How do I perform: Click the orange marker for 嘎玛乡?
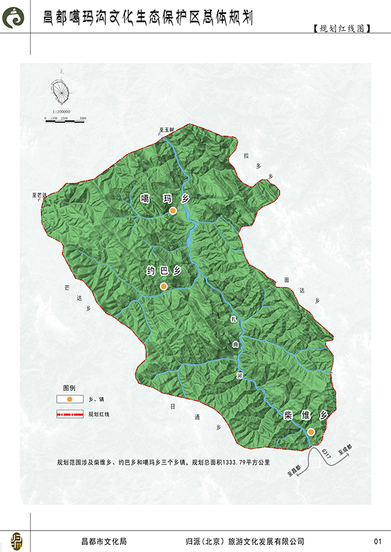point(173,212)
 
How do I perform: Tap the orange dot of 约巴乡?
point(164,286)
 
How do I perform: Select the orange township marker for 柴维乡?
point(311,432)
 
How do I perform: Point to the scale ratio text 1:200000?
point(59,112)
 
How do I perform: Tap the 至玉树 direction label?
point(167,130)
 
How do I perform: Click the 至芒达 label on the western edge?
point(40,195)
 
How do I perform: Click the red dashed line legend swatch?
point(69,413)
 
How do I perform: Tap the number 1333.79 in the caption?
point(232,463)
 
